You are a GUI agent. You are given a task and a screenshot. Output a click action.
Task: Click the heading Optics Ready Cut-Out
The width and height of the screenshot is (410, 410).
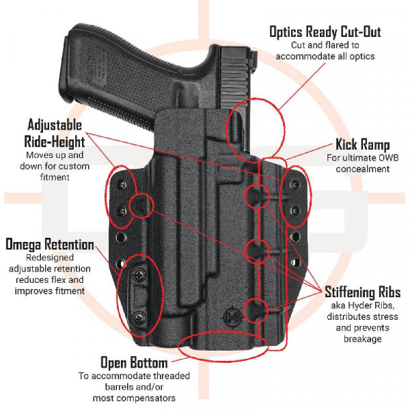point(325,32)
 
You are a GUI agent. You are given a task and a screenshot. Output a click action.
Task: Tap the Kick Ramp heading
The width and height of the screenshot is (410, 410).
point(362,145)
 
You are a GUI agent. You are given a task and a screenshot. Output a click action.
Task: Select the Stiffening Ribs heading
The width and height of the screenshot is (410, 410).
point(363,293)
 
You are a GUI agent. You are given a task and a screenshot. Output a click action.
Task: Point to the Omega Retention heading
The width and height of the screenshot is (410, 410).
point(50,245)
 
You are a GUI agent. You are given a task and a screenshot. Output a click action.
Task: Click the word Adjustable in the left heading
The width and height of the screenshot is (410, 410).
point(55,126)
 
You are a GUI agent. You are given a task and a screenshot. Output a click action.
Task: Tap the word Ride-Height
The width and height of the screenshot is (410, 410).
point(56,141)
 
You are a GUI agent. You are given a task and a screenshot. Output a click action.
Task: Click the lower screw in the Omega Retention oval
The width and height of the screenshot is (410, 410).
point(139,315)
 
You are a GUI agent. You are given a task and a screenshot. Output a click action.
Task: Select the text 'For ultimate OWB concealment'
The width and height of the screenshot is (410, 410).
point(362,163)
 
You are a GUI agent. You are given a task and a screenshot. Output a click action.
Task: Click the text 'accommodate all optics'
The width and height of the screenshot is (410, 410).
point(325,56)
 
